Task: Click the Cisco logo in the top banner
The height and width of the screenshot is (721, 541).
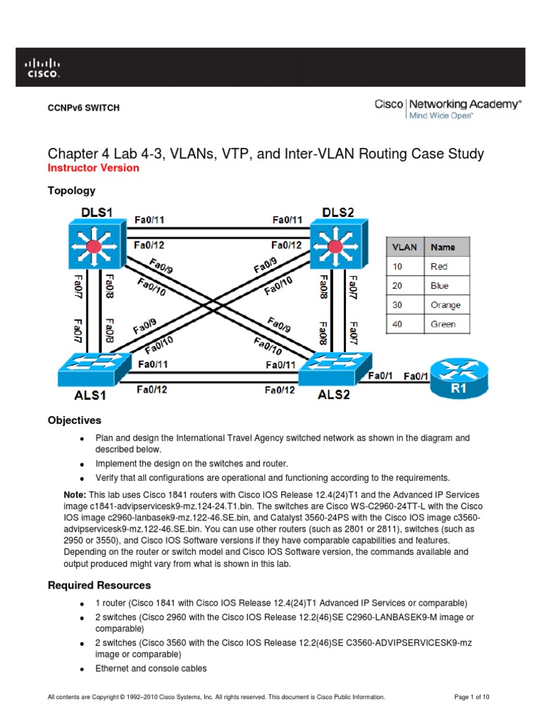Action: click(43, 67)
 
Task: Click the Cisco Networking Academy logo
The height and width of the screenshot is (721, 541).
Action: click(448, 109)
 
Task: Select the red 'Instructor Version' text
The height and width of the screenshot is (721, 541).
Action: click(93, 168)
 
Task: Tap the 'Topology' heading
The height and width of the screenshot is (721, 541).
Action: click(71, 191)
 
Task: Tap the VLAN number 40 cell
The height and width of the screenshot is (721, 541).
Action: click(406, 324)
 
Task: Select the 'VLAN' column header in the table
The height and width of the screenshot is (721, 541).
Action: click(406, 247)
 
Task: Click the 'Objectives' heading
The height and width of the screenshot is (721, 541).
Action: click(74, 420)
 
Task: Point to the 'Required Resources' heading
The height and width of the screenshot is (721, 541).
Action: click(99, 585)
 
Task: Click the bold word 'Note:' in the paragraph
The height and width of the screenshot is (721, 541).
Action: click(76, 494)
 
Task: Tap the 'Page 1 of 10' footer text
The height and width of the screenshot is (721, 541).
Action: click(472, 697)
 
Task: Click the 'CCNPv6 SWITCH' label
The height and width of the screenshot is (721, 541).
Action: click(83, 108)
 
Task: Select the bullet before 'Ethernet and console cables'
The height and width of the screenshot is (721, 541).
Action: click(82, 670)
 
